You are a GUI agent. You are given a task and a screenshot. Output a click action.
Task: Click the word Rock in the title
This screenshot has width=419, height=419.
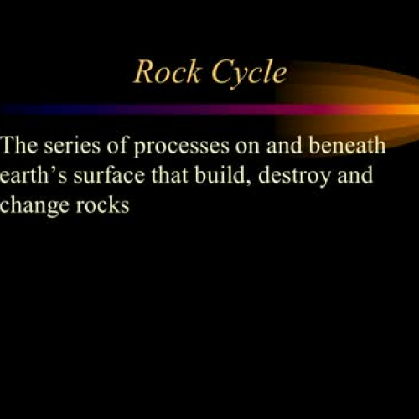pos(164,73)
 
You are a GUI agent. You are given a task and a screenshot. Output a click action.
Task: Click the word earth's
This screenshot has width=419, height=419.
pos(33,176)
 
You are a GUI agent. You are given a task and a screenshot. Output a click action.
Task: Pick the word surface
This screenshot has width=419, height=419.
pos(104,176)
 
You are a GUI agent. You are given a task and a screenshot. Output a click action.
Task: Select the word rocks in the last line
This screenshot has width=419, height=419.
pos(102,205)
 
